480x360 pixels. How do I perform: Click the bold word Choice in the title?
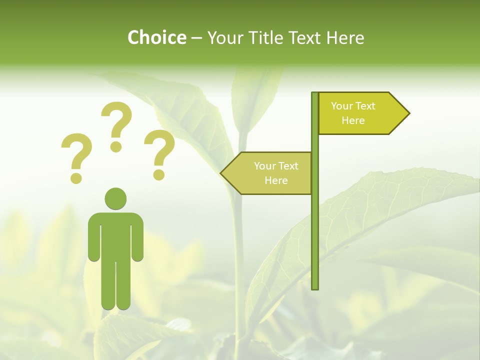[156, 37]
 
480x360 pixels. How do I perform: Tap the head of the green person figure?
[115, 198]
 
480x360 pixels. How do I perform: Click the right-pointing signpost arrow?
[360, 113]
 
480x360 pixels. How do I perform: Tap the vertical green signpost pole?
[315, 225]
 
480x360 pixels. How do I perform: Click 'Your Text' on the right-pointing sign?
[353, 106]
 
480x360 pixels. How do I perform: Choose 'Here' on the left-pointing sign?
[276, 180]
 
